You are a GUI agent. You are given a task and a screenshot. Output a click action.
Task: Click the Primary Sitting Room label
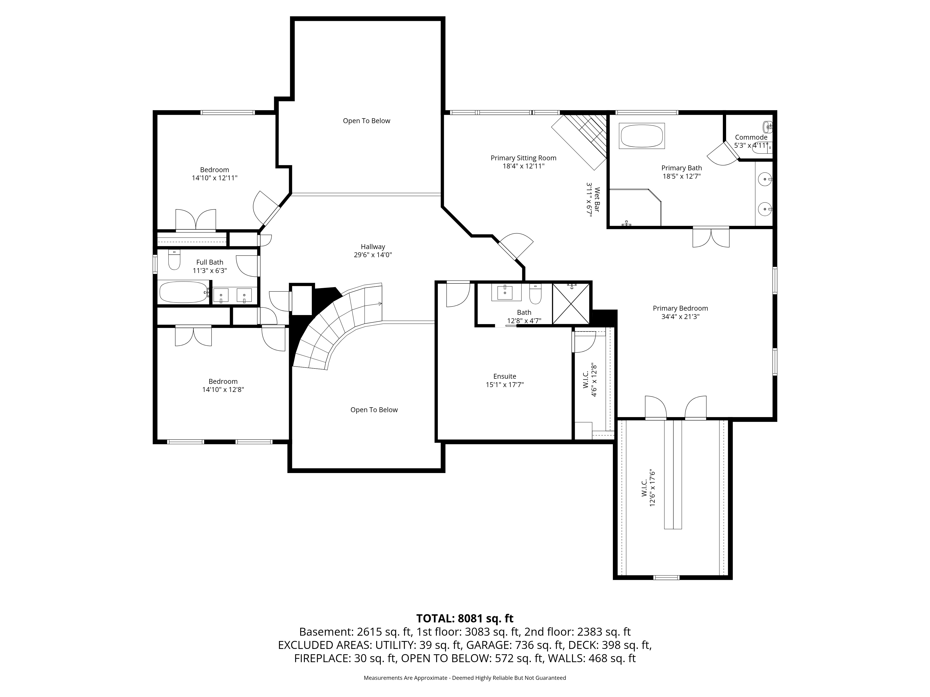(x=523, y=158)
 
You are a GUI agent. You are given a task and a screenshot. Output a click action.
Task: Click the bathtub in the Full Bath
(x=184, y=292)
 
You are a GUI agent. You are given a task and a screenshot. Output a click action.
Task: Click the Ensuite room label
(x=505, y=376)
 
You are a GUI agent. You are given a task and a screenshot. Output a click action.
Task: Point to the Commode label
(x=751, y=137)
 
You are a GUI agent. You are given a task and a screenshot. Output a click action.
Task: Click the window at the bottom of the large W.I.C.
(x=666, y=577)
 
